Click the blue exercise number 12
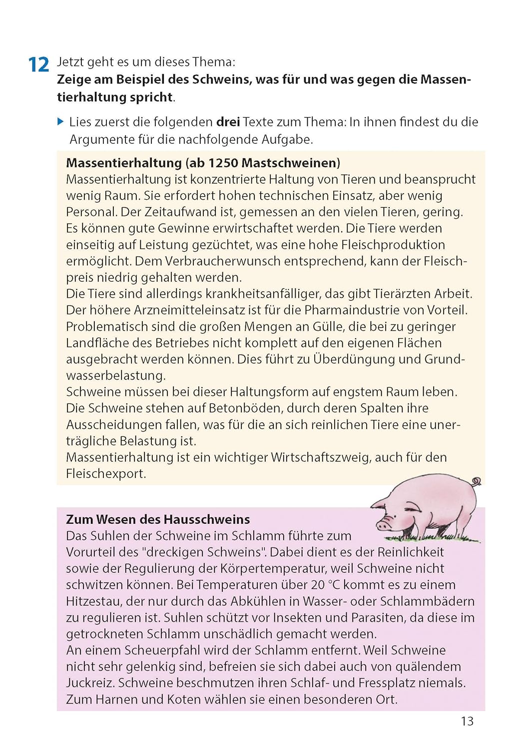point(38,65)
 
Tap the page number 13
point(467,721)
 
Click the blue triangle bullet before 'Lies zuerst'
point(60,121)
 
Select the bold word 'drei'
point(228,122)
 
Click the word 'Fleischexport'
point(105,474)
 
